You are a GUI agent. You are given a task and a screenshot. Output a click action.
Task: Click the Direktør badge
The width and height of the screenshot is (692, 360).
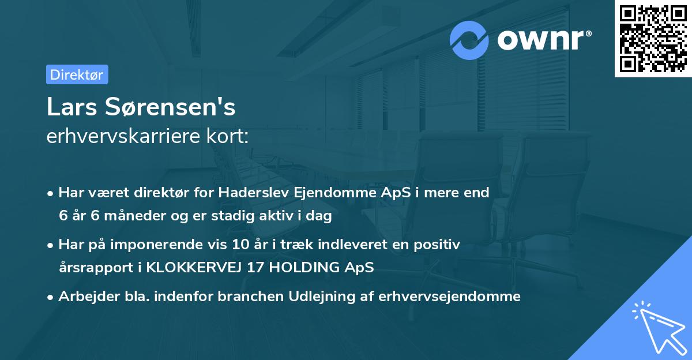pos(77,74)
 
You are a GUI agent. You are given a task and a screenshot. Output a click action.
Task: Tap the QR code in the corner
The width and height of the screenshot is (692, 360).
pos(653,39)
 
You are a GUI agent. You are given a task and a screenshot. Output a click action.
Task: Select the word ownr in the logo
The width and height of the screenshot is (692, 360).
pos(541,40)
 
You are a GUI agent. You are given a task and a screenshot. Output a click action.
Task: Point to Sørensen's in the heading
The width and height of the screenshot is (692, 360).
pos(169,107)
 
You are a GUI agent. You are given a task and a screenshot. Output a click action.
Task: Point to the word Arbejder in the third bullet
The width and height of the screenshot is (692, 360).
pos(83,297)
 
